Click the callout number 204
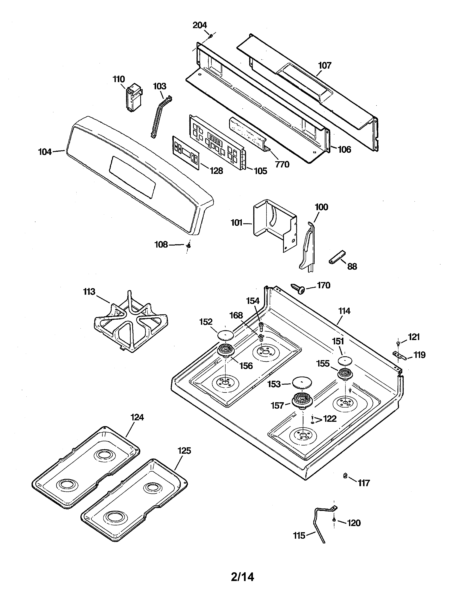point(199,25)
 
